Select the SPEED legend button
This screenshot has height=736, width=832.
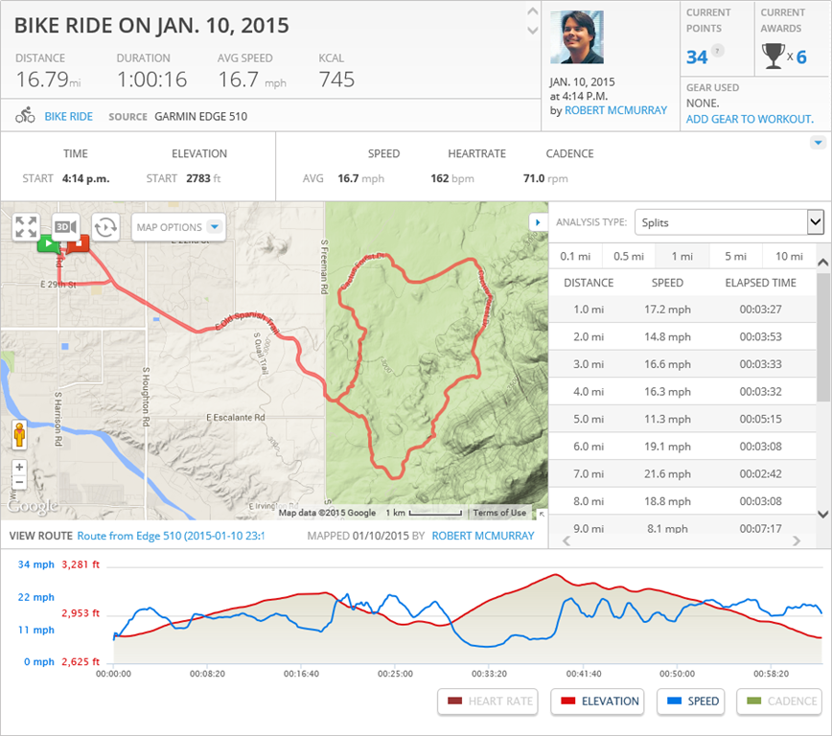click(x=691, y=701)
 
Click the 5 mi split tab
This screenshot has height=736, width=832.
click(x=735, y=256)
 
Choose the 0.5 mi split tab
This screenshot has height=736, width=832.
click(x=628, y=256)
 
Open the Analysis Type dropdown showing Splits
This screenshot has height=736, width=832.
click(x=728, y=222)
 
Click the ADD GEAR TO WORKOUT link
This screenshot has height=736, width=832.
click(x=750, y=119)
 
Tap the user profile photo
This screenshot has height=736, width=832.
click(x=577, y=37)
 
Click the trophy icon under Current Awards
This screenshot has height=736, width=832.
click(x=773, y=57)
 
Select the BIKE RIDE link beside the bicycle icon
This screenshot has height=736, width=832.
click(x=69, y=117)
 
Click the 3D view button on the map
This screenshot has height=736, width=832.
click(x=65, y=226)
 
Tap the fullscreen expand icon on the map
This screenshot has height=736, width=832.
click(x=26, y=227)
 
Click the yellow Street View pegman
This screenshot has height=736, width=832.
click(x=19, y=436)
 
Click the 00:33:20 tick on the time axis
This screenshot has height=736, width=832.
click(x=490, y=674)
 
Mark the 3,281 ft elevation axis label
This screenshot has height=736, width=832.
click(x=81, y=564)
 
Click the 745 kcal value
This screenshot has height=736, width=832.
click(x=336, y=79)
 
